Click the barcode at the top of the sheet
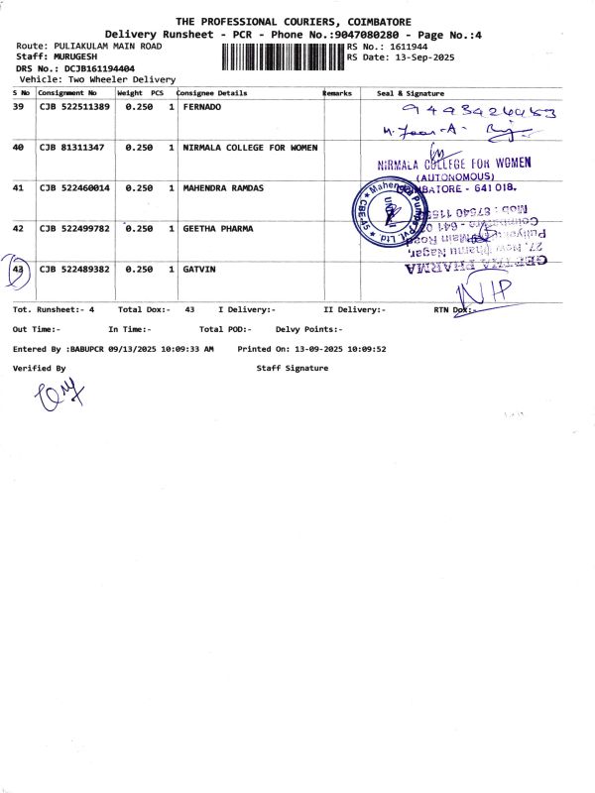point(277,57)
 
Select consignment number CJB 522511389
point(74,106)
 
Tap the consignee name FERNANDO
point(204,106)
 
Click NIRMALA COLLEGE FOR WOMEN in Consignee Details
point(251,147)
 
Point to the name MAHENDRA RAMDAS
point(224,187)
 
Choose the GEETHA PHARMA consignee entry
point(218,228)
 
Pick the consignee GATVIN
point(199,269)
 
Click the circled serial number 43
point(18,269)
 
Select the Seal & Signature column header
point(411,92)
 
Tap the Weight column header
point(130,92)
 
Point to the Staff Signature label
point(292,368)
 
